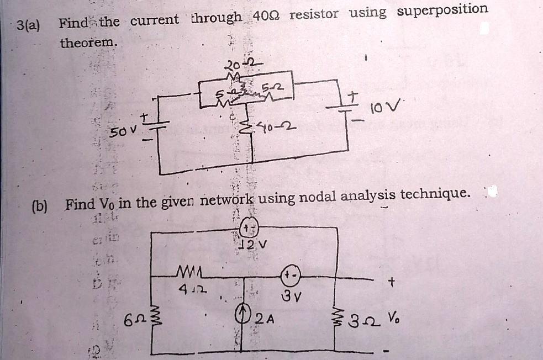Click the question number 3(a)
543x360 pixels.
(x=28, y=25)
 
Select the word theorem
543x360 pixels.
(x=88, y=41)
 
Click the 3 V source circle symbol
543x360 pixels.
(x=291, y=277)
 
